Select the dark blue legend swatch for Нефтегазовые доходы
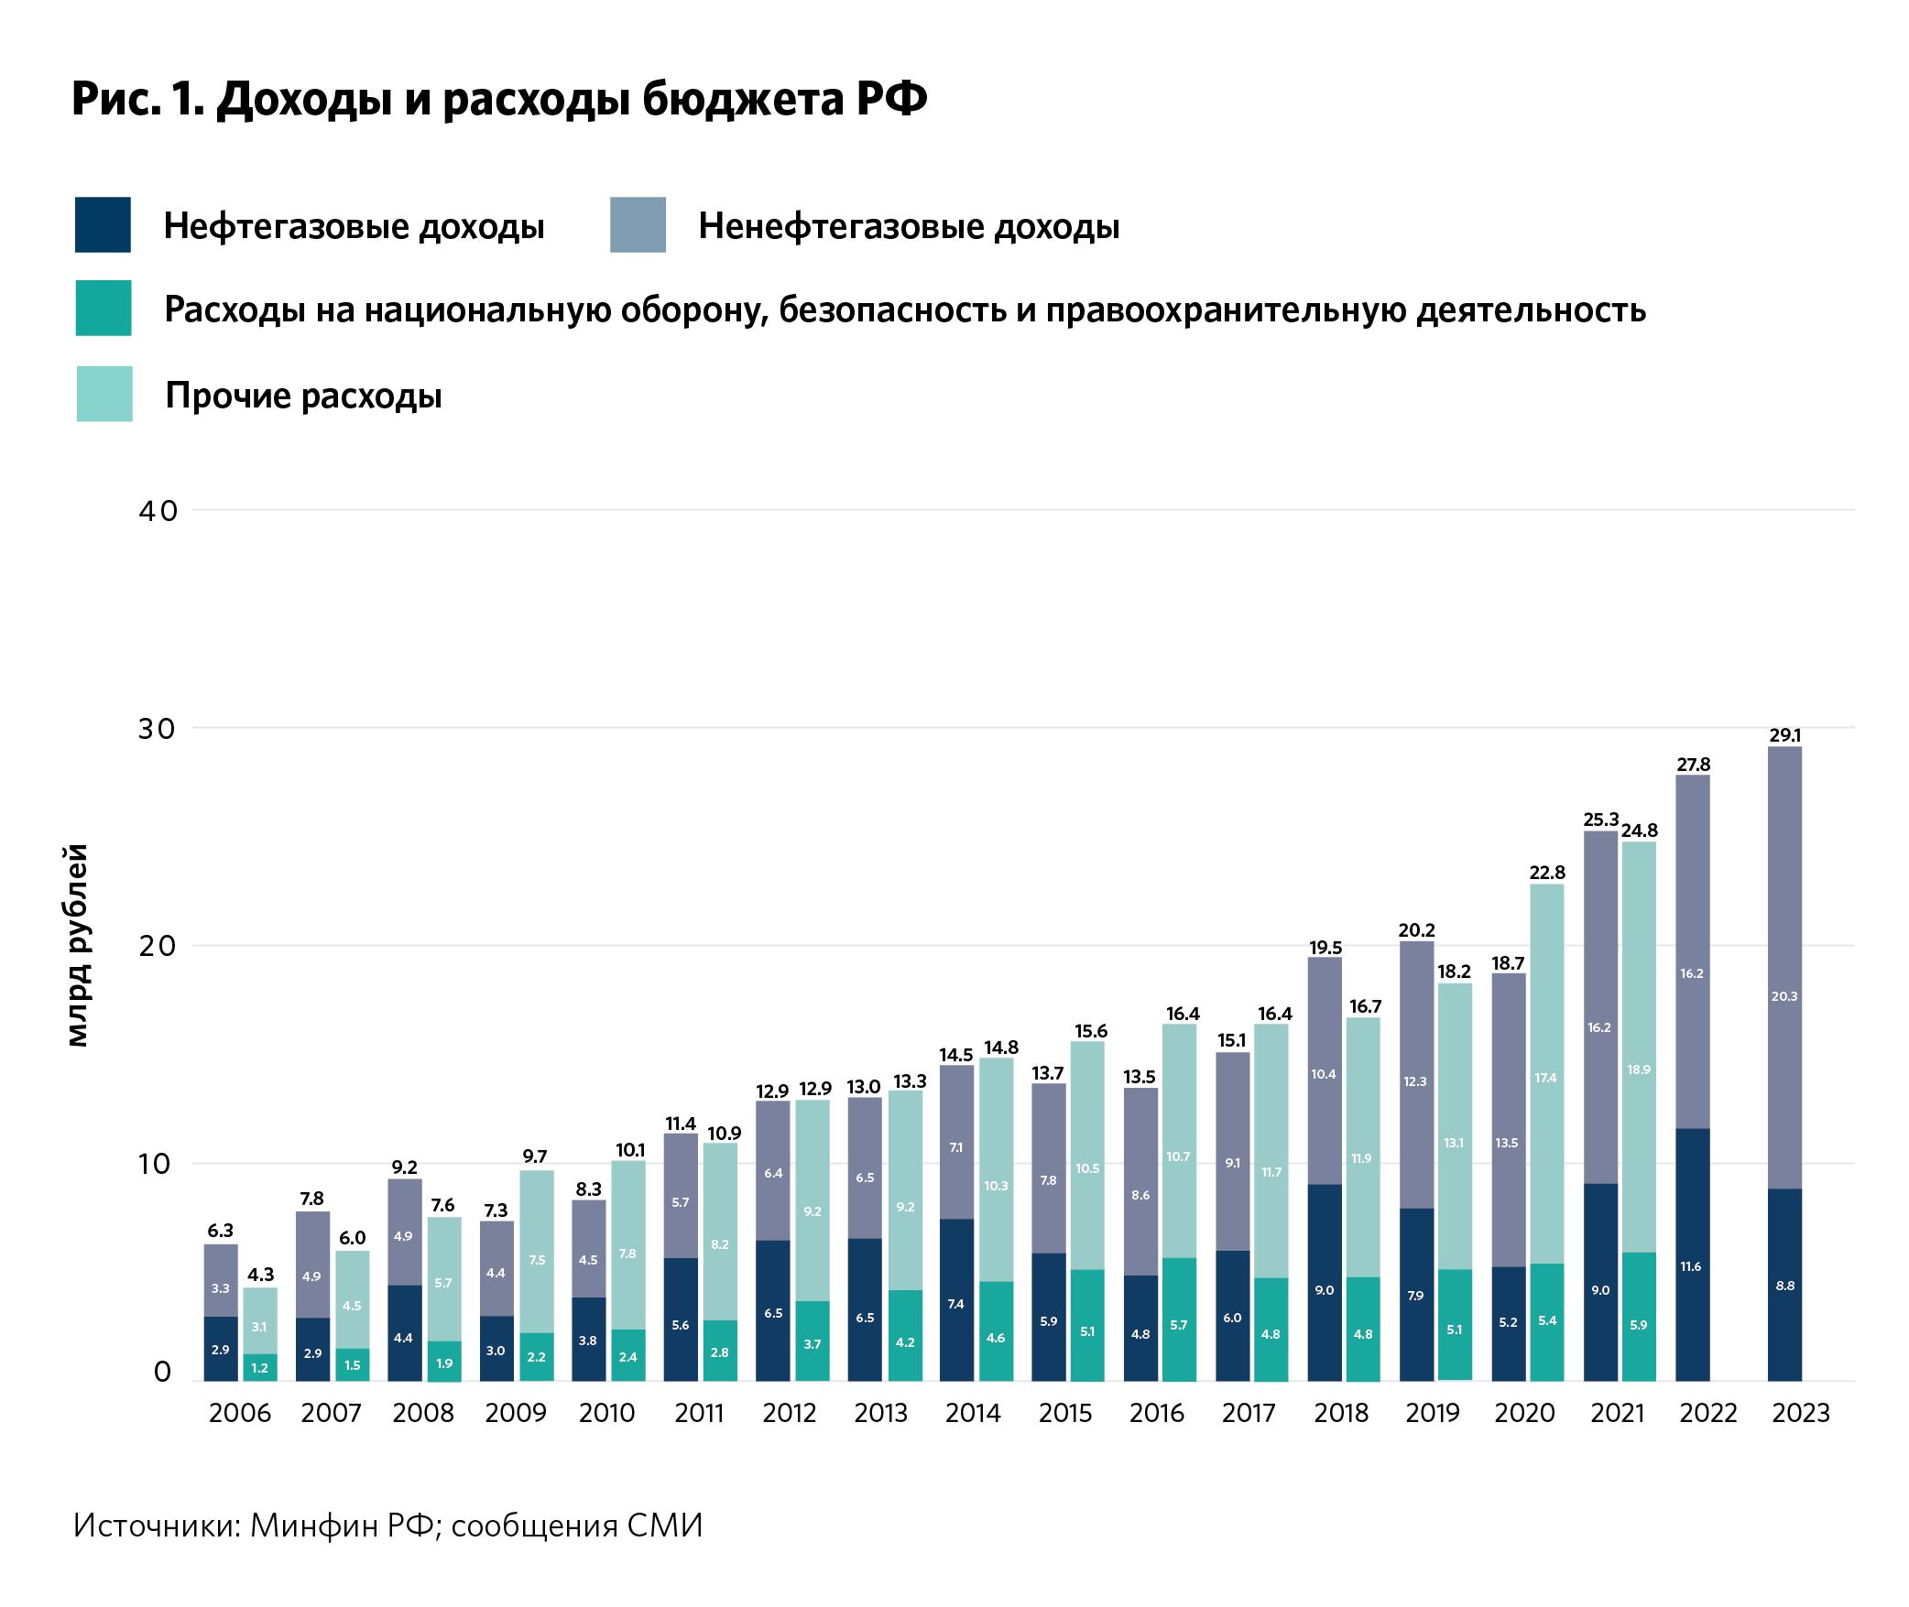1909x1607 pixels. tap(103, 224)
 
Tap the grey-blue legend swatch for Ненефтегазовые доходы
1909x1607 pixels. tap(638, 224)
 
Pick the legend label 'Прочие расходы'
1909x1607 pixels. tap(303, 396)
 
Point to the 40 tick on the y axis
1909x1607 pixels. tap(158, 511)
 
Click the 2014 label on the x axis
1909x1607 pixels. tap(973, 1413)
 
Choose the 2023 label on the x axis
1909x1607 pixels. tap(1800, 1413)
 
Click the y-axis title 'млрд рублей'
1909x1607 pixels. tap(78, 945)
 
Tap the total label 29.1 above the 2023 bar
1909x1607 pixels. tap(1784, 735)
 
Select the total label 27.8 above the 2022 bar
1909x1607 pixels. tap(1693, 765)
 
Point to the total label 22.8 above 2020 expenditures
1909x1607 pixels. tap(1546, 873)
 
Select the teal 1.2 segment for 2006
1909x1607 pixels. tap(260, 1367)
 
